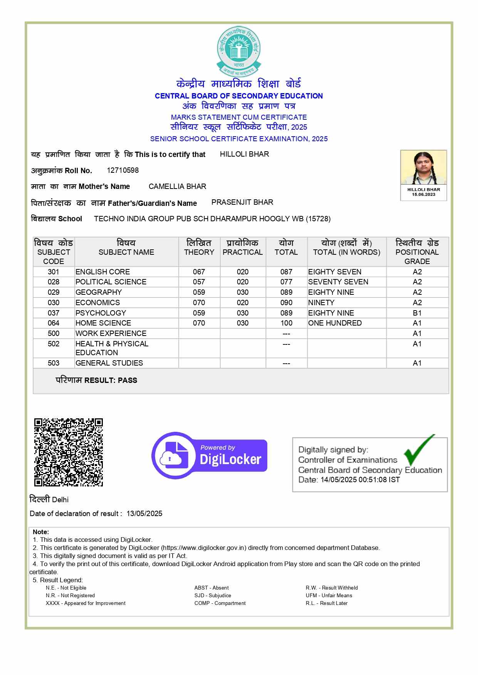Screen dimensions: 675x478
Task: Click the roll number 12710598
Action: click(123, 170)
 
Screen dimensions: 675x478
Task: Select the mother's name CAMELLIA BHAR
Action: click(177, 187)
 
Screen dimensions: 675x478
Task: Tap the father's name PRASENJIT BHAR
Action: click(242, 202)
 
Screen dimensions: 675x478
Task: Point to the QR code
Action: click(69, 452)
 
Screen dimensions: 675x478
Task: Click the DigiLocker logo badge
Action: click(210, 455)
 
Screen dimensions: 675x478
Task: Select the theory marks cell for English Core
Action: click(199, 272)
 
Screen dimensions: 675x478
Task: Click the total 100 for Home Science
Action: click(286, 323)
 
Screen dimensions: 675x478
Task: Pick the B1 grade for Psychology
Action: click(417, 313)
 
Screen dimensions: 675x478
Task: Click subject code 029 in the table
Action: click(54, 292)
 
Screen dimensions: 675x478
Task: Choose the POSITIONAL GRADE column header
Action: click(417, 252)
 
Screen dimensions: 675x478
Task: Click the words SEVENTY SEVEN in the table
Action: click(338, 282)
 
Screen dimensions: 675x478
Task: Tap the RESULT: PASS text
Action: click(111, 381)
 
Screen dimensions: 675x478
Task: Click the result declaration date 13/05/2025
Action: click(144, 514)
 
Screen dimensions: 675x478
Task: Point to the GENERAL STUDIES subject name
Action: click(109, 363)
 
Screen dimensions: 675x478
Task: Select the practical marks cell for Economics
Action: click(243, 303)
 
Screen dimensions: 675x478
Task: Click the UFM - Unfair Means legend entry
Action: click(329, 595)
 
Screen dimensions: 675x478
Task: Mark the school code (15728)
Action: click(318, 219)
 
